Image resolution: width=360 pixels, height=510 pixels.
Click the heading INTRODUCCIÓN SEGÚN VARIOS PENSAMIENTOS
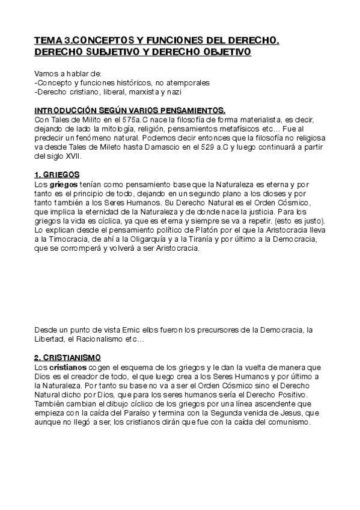(x=130, y=111)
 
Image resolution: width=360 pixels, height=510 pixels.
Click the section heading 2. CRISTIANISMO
(x=67, y=357)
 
